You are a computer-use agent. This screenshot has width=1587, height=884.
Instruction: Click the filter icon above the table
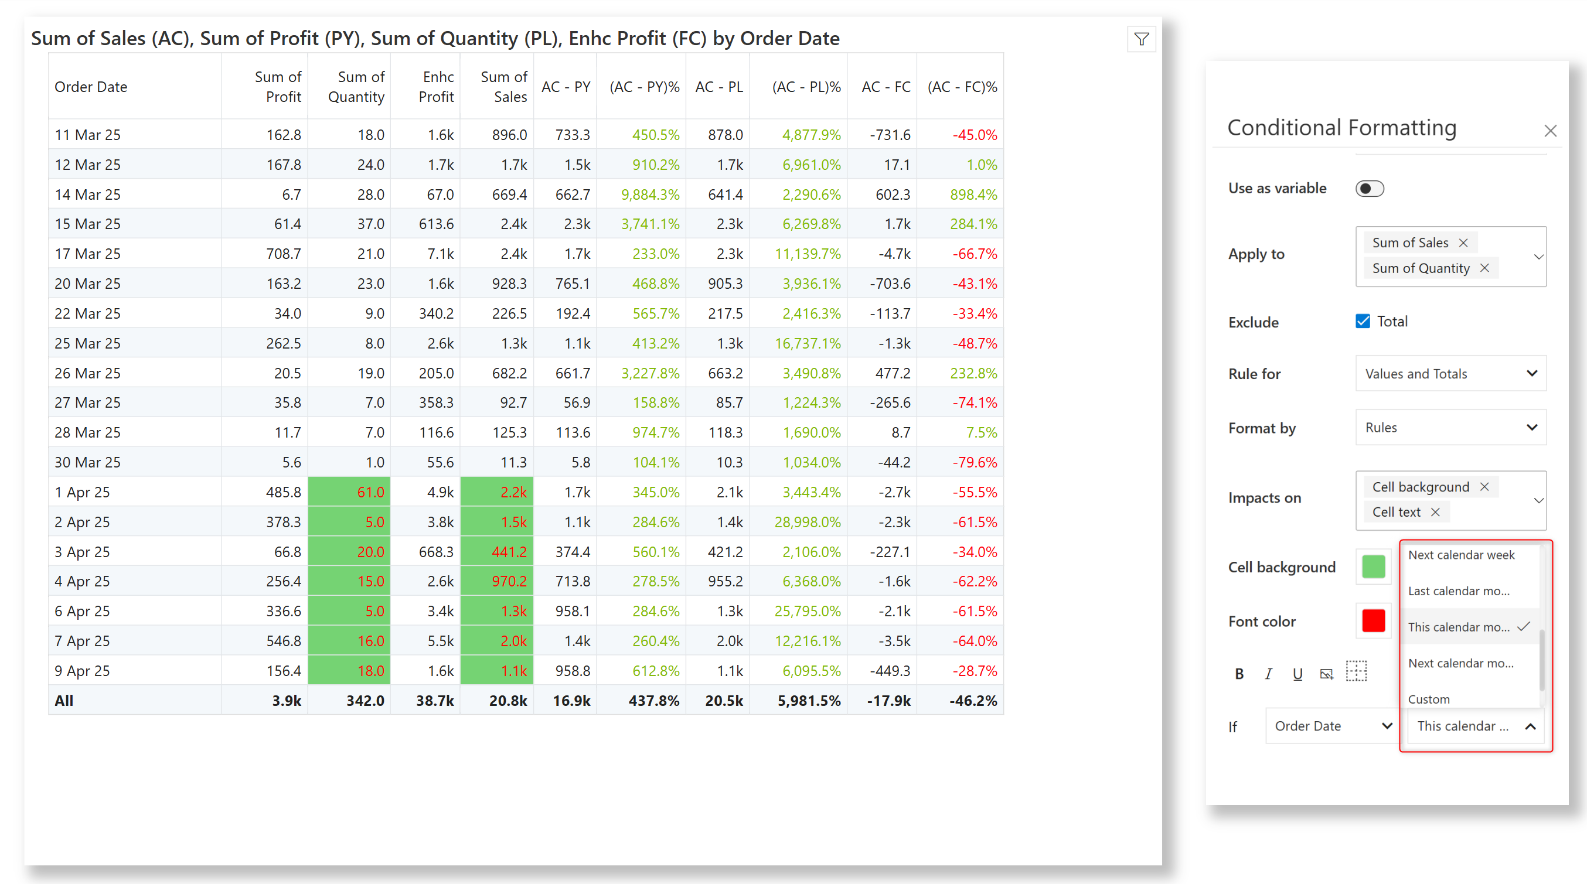[1141, 39]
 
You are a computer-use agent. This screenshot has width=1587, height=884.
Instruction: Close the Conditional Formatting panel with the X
[1550, 131]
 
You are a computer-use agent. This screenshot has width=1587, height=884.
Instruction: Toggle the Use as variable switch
[1369, 189]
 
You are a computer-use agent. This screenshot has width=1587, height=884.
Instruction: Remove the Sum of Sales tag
[1463, 243]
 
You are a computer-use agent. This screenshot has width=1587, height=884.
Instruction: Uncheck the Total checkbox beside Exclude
[1362, 322]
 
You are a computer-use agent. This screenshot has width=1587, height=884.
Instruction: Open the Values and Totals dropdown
[1450, 374]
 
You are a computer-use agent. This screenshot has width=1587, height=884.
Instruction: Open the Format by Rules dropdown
[1450, 428]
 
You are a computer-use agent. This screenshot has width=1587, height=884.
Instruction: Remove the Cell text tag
[1435, 512]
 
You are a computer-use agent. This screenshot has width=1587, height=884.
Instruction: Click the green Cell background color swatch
[1373, 566]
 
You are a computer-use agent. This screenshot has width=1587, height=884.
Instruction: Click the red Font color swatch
[1373, 621]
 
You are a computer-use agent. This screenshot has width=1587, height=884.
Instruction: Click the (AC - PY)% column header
[644, 87]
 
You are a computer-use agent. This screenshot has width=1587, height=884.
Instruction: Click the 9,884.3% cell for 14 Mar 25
[650, 194]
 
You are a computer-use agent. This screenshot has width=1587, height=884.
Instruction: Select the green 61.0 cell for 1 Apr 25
[349, 492]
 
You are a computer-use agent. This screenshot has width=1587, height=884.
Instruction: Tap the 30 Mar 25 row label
[87, 463]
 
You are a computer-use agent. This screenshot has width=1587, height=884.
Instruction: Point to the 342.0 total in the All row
[365, 701]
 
